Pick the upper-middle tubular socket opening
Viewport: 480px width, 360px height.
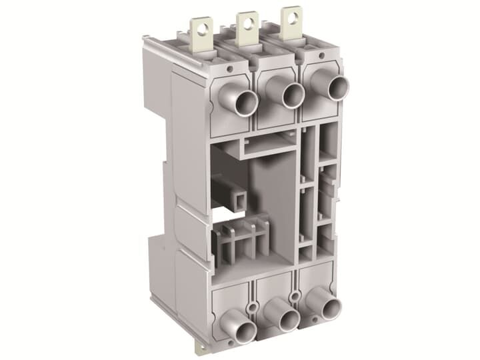click(x=292, y=95)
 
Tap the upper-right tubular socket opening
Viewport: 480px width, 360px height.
click(x=337, y=88)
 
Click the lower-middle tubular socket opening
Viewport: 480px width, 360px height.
click(x=288, y=321)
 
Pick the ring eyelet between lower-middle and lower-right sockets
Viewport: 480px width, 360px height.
click(x=294, y=296)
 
